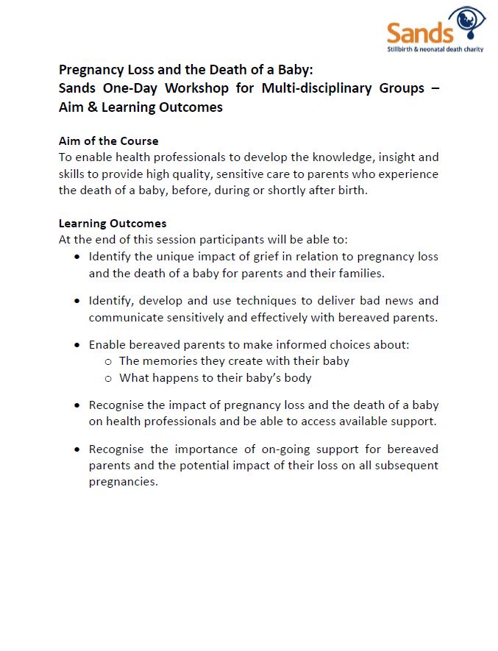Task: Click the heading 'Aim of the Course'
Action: tap(108, 140)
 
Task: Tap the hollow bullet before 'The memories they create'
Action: tap(108, 361)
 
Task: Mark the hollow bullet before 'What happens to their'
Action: tap(108, 378)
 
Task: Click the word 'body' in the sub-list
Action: tap(297, 378)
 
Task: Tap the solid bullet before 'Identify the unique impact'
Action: tap(78, 257)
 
